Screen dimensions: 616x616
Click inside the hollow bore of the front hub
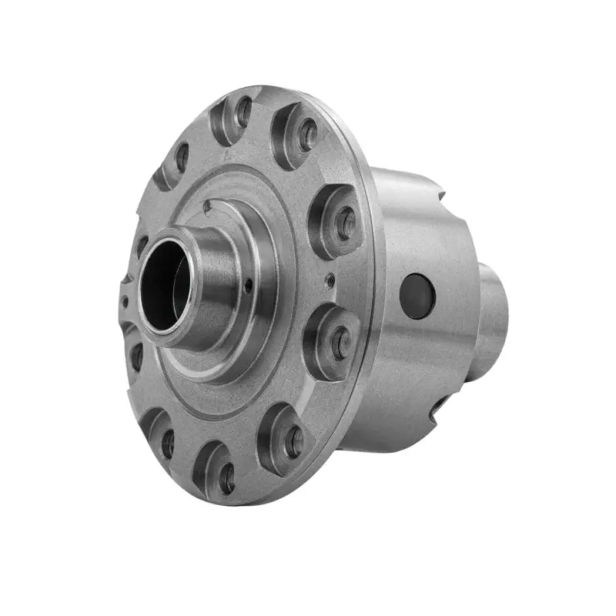coord(163,285)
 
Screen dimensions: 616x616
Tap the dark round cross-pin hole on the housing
coord(417,296)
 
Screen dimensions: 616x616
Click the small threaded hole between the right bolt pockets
coord(330,281)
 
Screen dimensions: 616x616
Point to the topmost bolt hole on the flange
coord(244,112)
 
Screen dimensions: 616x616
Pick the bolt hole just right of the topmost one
coord(307,135)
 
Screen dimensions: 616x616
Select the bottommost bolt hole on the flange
coord(226,478)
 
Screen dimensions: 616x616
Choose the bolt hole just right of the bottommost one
coord(293,441)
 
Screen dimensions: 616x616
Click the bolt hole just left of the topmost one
coord(182,157)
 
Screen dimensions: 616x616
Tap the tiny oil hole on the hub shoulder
coord(248,286)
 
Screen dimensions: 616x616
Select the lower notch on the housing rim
coord(439,404)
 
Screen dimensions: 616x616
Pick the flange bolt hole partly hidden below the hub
coord(136,356)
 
